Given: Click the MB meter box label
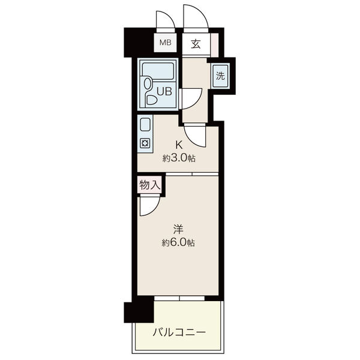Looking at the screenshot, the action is (166, 43).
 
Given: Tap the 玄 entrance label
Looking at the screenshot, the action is (196, 44).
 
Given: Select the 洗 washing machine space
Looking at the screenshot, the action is (220, 76).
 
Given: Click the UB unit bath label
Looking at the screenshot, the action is (164, 91).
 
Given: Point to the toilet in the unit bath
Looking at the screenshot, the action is (149, 91).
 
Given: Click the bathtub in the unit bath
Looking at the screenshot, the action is (158, 71).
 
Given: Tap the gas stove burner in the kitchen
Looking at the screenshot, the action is (145, 143).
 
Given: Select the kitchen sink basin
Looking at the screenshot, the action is (145, 125).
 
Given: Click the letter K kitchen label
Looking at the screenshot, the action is (179, 145).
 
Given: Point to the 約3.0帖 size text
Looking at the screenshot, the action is (179, 158).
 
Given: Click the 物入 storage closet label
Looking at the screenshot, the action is (149, 185).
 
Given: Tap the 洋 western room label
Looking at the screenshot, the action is (178, 229).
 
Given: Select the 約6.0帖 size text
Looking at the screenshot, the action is (178, 242).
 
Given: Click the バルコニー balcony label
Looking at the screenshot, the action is (179, 332).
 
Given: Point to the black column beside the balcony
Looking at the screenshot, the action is (139, 312).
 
